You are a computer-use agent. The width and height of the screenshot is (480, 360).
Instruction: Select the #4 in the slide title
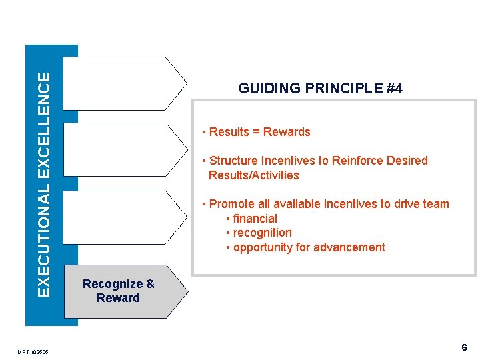coord(394,89)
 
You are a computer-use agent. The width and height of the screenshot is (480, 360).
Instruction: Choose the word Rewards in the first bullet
coord(287,132)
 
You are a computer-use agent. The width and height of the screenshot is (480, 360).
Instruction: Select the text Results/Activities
coord(253,175)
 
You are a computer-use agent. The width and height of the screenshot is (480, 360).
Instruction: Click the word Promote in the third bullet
coord(231,204)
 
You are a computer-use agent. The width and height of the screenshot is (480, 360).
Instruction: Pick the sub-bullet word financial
coord(255,219)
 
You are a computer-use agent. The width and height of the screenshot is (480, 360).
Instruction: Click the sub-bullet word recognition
coord(262,233)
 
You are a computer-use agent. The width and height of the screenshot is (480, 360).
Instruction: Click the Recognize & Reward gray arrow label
coord(118,291)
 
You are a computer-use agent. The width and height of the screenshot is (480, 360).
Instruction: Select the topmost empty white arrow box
coord(123,83)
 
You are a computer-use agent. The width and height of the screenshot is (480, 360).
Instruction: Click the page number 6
coord(464,347)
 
